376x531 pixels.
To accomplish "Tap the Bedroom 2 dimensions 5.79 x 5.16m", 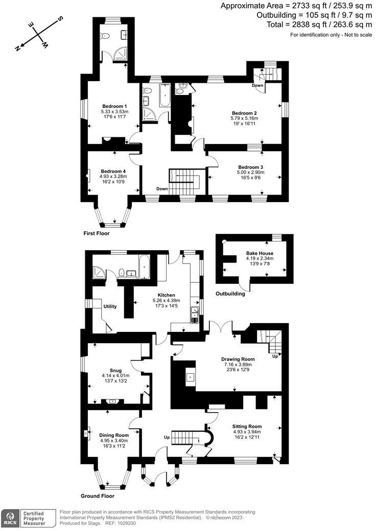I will click(x=244, y=118).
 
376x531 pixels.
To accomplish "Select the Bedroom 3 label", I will click(x=251, y=167).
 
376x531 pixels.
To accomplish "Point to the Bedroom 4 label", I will click(x=113, y=171).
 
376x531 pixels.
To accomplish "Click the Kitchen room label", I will click(x=167, y=295).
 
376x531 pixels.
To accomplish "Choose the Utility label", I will click(x=110, y=306).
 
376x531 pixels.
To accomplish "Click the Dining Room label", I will click(x=114, y=435).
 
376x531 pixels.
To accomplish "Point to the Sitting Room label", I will click(x=247, y=426).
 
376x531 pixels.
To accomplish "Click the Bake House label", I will click(x=260, y=253).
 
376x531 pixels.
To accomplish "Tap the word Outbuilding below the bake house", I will click(x=230, y=294).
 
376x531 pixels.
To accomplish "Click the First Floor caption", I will click(x=97, y=233).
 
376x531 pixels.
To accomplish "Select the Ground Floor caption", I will click(x=98, y=496).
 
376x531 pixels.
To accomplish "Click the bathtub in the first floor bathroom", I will click(x=165, y=95).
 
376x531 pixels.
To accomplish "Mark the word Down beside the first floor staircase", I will click(x=162, y=188).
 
